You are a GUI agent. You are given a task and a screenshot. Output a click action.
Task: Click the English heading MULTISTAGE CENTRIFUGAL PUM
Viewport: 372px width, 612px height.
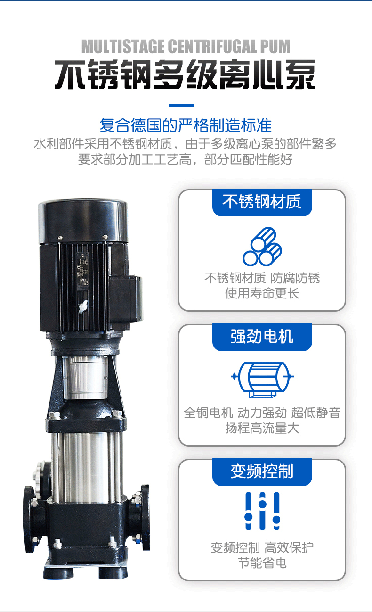(186, 47)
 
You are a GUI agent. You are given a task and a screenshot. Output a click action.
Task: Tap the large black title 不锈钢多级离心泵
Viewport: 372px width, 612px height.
(186, 74)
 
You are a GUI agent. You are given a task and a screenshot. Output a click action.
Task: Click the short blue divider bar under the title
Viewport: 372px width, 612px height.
(181, 106)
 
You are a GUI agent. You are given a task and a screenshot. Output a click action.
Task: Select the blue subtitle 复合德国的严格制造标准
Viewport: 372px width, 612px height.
(186, 125)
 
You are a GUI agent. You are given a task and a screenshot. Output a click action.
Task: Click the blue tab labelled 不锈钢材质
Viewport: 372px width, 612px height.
(262, 202)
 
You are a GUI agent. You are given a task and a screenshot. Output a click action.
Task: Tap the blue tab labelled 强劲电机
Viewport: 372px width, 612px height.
(262, 337)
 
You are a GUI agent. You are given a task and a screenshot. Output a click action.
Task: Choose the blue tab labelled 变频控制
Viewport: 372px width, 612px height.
(262, 472)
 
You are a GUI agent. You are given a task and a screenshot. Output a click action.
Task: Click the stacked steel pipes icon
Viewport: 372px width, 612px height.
(262, 246)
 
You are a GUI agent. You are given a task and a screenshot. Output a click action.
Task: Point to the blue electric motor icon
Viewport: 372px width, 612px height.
(263, 380)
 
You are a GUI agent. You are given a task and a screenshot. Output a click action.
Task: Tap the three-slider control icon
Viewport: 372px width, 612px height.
(262, 511)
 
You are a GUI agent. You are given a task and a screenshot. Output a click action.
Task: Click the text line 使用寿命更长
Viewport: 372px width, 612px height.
(262, 293)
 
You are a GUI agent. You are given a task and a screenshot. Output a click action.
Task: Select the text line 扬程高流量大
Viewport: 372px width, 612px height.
(262, 428)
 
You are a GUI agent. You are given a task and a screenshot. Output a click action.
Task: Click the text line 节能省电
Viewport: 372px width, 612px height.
(262, 563)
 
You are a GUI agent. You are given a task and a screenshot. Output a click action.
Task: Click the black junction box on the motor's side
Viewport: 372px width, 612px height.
(126, 298)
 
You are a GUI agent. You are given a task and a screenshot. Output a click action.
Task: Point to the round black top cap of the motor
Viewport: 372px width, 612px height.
(83, 221)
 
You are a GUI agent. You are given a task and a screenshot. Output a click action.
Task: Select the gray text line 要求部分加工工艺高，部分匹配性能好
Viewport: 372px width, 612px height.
(186, 159)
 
